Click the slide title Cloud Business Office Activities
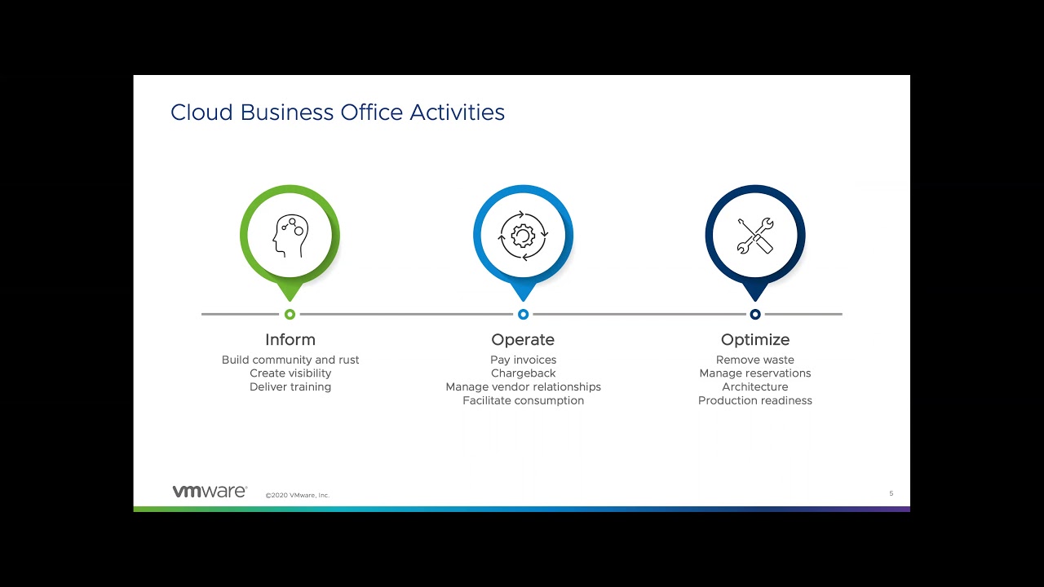click(x=337, y=113)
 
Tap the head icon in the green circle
click(x=290, y=236)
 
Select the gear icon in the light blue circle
click(x=523, y=236)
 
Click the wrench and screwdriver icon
click(x=755, y=236)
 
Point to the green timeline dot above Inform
click(x=290, y=314)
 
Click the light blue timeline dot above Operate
click(x=523, y=314)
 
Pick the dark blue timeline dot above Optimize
click(x=755, y=314)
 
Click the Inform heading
click(x=290, y=340)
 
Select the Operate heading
click(x=523, y=340)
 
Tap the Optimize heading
click(x=755, y=340)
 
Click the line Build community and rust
click(x=290, y=360)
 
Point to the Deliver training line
click(x=290, y=387)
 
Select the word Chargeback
click(x=523, y=373)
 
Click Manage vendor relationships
click(x=523, y=387)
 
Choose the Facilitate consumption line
click(x=523, y=401)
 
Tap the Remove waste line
click(x=755, y=360)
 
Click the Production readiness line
click(x=755, y=401)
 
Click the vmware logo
click(x=209, y=491)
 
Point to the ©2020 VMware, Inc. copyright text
click(x=297, y=495)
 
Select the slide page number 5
click(x=891, y=493)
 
